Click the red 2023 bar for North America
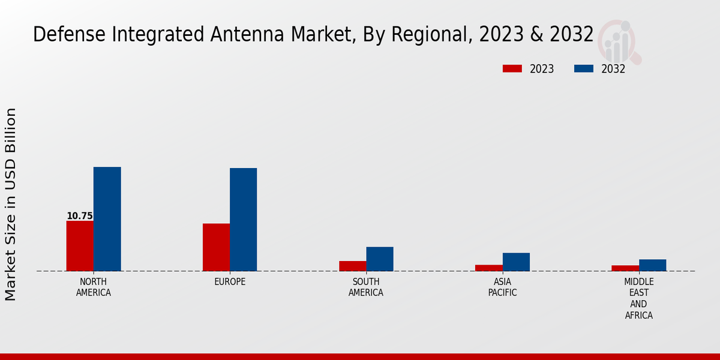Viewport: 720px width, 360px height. pos(80,246)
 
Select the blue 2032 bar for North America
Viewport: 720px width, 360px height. pos(107,219)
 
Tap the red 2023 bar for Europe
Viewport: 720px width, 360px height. pos(216,247)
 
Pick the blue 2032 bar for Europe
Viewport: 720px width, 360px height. pos(243,220)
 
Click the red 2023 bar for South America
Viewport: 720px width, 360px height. pos(352,266)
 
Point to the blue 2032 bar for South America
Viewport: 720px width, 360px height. pos(380,259)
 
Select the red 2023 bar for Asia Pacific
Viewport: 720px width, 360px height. pos(488,268)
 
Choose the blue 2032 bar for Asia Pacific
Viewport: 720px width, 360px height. pos(516,262)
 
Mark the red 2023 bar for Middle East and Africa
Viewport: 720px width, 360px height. pos(625,268)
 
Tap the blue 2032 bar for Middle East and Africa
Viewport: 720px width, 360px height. pos(652,265)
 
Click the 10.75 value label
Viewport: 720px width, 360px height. pos(80,216)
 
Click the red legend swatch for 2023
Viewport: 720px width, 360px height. pos(512,69)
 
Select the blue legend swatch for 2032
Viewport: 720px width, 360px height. pos(583,69)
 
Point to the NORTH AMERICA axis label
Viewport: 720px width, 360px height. pos(94,287)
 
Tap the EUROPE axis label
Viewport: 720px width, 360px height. pos(230,282)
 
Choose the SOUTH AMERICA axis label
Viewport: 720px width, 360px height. pos(366,287)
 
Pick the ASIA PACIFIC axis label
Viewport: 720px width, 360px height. pos(502,287)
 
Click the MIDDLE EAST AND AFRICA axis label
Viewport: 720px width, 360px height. pos(639,298)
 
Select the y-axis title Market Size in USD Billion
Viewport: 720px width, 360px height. pos(11,204)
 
